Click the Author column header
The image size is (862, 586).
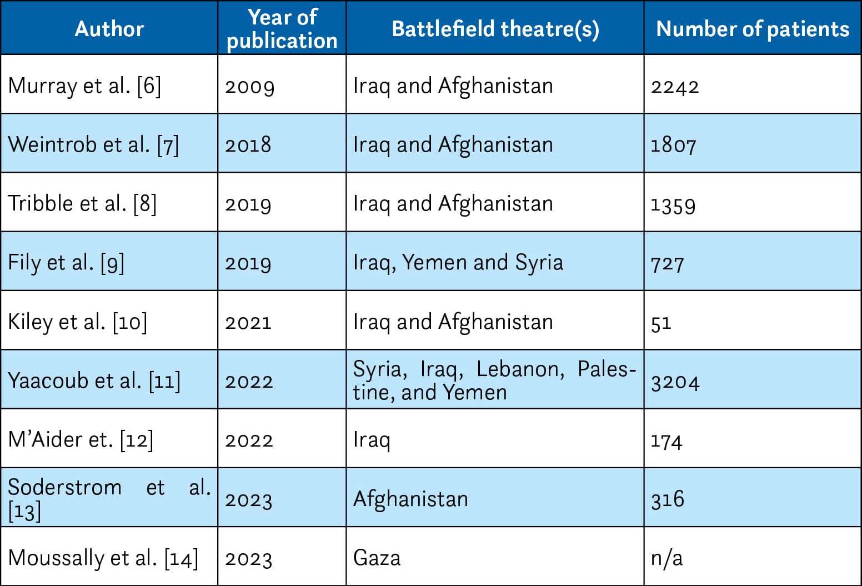[109, 29]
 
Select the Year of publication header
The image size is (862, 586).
[282, 29]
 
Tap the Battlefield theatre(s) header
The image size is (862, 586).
[495, 29]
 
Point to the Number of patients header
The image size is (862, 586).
[753, 29]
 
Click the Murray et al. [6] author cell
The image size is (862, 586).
[84, 86]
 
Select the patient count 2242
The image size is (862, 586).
[675, 87]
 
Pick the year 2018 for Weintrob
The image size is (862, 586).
[248, 145]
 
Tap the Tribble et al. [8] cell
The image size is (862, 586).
[82, 204]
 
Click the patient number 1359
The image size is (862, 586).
[673, 204]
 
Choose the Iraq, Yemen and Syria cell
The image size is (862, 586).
[458, 263]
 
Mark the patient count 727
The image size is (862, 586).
[667, 263]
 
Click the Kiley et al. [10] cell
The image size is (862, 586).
[78, 322]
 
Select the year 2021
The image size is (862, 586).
[248, 322]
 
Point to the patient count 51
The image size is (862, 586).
[661, 322]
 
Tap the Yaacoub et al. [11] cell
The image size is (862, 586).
[94, 381]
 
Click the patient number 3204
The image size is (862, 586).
[675, 382]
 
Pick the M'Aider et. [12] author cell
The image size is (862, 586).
[81, 440]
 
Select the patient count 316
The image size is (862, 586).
[668, 499]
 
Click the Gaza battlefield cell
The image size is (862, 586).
[377, 558]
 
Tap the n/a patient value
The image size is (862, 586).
[666, 558]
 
